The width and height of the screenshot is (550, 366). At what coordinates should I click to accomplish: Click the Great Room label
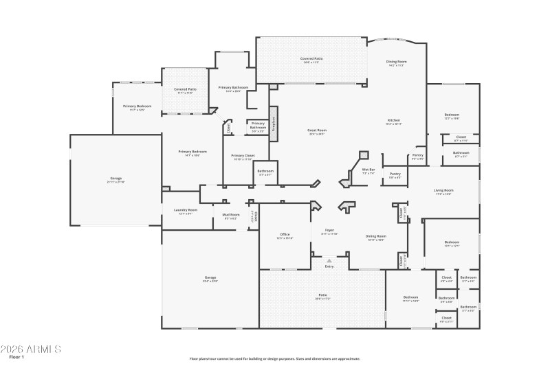tap(317, 130)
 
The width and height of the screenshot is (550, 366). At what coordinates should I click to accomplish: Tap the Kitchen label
tap(393, 121)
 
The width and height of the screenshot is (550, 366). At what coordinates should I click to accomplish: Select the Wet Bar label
tap(368, 170)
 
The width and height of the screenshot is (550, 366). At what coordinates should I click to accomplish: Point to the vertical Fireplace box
tap(272, 124)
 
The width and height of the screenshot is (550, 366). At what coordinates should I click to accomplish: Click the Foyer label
tap(329, 231)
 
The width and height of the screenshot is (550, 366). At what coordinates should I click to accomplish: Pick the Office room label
tap(285, 235)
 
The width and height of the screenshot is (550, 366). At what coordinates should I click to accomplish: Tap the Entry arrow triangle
tap(329, 260)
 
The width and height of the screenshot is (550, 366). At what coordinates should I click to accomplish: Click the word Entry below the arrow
tap(329, 267)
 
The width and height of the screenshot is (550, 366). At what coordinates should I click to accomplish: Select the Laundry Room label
tap(185, 210)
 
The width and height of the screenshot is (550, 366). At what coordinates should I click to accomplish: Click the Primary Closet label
tap(245, 156)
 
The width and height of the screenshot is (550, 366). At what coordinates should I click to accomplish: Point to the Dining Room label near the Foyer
tap(375, 236)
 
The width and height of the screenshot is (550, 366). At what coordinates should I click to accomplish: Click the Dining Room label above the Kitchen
tap(396, 62)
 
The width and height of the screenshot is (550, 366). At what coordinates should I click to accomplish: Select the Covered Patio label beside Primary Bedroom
tap(185, 89)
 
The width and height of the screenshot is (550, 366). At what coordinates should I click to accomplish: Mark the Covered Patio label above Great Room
tap(311, 59)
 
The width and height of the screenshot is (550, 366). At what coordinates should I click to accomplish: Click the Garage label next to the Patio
tap(210, 277)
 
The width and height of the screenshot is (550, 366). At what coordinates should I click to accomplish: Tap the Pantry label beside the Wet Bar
tap(395, 174)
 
